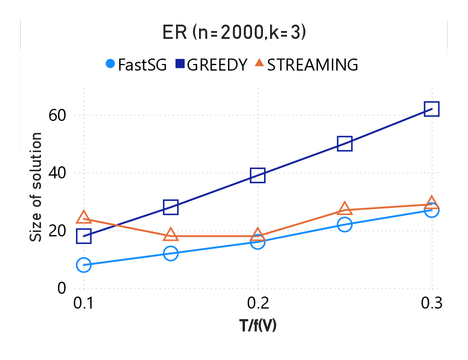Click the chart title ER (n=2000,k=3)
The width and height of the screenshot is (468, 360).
pos(233,33)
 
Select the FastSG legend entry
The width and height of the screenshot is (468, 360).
pos(136,65)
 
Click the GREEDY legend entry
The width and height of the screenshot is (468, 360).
pos(210,65)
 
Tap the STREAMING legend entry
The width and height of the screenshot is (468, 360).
pos(306,65)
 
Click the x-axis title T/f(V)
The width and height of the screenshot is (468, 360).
pos(258,326)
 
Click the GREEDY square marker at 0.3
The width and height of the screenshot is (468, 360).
pos(431,109)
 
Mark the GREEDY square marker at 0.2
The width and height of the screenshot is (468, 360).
pos(258,175)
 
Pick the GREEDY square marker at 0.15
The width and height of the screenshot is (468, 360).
pos(171,207)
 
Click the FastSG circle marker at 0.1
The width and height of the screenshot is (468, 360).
pos(84,265)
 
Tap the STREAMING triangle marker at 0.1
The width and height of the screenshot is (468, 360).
pos(84,218)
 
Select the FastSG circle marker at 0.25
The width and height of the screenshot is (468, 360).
pos(344,224)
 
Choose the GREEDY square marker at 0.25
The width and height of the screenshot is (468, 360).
pos(344,143)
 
